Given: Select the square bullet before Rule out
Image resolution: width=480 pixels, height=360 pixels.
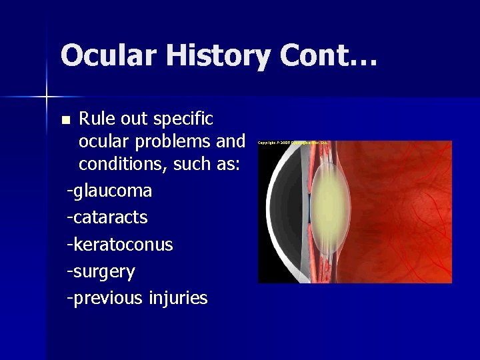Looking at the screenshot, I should click(x=65, y=121).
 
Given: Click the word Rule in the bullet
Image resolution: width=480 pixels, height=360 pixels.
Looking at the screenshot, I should click(x=95, y=119).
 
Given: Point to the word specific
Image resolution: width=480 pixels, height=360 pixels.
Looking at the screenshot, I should click(x=183, y=119).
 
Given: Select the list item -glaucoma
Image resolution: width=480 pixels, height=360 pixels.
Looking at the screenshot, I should click(x=109, y=191).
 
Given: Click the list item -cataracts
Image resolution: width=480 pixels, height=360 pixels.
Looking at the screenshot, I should click(x=107, y=217).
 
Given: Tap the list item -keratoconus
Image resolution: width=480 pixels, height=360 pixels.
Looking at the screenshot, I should click(x=120, y=245).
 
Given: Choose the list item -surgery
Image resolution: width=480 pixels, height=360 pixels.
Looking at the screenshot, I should click(x=101, y=272).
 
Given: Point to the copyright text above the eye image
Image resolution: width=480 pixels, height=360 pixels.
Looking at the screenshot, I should click(x=293, y=143).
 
